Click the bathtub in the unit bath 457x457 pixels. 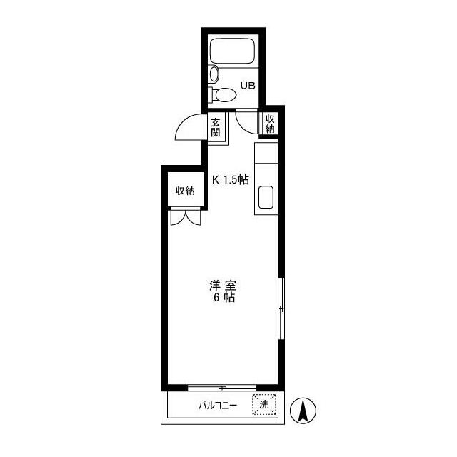point(232,51)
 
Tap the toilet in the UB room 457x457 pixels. point(222,94)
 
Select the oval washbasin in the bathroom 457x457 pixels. point(214,74)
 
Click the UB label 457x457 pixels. point(248,86)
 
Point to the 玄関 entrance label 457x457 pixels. point(216,127)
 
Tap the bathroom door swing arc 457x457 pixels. point(242,126)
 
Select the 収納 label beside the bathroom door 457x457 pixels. point(270,124)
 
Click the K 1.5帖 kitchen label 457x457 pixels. point(230,179)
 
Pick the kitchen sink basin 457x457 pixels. point(266,197)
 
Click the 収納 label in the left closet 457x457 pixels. point(185,191)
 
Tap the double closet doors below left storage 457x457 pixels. point(186,217)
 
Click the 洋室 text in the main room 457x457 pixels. point(223,286)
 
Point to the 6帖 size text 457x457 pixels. point(224,298)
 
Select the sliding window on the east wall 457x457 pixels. point(281,308)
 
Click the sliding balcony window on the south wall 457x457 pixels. point(222,388)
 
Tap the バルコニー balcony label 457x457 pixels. point(218,406)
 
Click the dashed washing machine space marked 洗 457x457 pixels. point(264,404)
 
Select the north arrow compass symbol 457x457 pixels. point(303,411)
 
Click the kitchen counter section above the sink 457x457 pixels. point(266,153)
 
